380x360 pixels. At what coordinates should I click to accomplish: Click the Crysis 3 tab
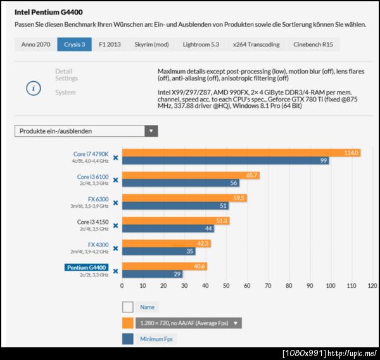(74, 44)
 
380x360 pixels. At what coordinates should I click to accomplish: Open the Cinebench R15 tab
(313, 44)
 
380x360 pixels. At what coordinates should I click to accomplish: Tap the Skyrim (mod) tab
(151, 44)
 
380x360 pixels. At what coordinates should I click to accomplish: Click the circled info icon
(34, 88)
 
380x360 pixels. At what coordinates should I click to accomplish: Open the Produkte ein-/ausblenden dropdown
(86, 131)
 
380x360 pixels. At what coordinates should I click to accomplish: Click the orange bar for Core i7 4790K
(241, 153)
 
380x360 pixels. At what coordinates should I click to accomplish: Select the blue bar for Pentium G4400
(152, 274)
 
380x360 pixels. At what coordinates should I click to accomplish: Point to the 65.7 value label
(252, 176)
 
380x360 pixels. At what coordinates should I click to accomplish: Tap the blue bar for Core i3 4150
(167, 228)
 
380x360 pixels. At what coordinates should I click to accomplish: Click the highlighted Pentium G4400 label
(87, 267)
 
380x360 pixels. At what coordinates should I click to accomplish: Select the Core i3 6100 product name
(92, 176)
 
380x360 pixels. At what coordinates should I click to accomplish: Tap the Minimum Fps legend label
(157, 339)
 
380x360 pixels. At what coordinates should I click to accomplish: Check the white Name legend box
(127, 307)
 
